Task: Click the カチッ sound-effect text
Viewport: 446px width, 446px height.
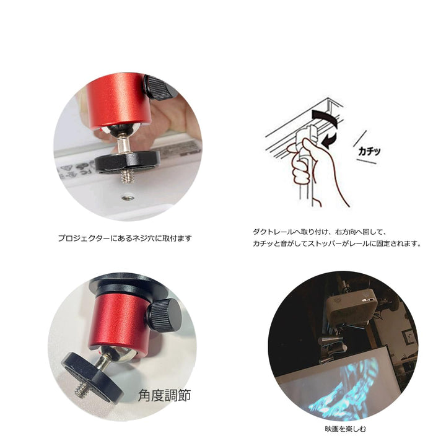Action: tap(369, 151)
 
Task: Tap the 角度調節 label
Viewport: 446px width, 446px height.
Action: tap(164, 395)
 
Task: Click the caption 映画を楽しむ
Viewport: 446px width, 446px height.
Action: tap(346, 429)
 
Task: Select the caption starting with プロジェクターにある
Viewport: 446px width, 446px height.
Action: tap(125, 238)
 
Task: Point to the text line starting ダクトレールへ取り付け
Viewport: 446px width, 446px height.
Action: tap(319, 232)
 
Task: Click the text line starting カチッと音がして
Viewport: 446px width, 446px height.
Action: tap(337, 244)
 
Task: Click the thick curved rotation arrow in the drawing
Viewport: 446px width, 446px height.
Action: tap(325, 117)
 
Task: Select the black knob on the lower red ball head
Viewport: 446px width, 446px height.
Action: tap(166, 315)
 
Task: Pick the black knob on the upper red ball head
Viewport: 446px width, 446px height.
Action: tap(160, 87)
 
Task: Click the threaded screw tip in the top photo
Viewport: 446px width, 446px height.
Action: tap(127, 176)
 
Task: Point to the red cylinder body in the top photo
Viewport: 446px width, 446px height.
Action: tap(119, 100)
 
